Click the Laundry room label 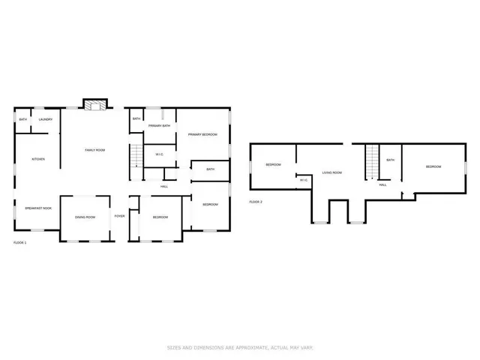coord(45,119)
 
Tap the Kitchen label coord(38,159)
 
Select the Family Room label coord(94,150)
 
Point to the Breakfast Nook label coord(38,208)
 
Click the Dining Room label coord(85,217)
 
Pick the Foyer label coord(119,216)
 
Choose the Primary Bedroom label coord(202,134)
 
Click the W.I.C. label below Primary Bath coord(160,154)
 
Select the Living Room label coord(332,172)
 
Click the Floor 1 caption coord(20,243)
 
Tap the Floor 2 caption coord(256,202)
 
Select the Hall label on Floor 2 coord(382,184)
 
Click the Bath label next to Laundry coord(22,119)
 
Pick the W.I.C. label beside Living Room coord(304,180)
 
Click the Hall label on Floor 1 coord(164,186)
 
